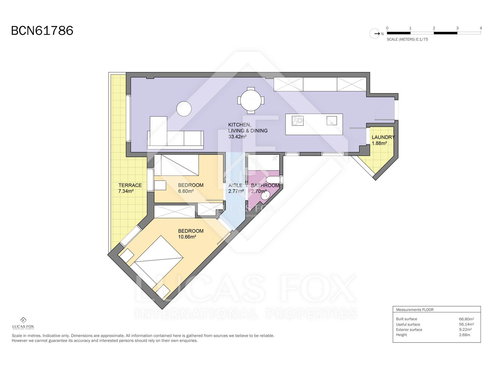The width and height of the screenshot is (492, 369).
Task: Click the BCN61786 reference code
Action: (x=42, y=31)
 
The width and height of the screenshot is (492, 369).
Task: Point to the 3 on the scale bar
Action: (x=457, y=28)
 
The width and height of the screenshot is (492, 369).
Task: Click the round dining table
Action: (x=251, y=100)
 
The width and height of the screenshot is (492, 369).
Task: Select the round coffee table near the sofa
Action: (x=184, y=109)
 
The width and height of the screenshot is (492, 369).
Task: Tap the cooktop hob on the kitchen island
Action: (x=297, y=121)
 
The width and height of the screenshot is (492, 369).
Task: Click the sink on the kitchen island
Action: (x=331, y=121)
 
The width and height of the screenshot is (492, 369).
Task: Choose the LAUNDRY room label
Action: (x=383, y=137)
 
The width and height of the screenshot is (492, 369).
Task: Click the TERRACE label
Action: (x=130, y=185)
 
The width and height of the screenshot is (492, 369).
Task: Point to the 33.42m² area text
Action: (x=237, y=137)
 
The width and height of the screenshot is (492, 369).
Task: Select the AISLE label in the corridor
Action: (x=235, y=185)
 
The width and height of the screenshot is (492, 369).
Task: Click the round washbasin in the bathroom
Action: (x=265, y=195)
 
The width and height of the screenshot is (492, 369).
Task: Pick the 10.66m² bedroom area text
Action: (x=187, y=237)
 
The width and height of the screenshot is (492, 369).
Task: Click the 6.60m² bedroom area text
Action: (x=186, y=191)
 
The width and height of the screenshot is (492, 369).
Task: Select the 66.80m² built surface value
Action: (x=466, y=319)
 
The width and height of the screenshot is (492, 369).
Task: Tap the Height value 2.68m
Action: (x=464, y=335)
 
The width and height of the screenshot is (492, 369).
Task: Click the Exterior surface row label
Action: (x=409, y=330)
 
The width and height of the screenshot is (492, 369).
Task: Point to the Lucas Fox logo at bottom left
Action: (x=23, y=323)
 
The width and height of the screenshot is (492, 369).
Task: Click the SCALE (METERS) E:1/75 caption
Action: (x=407, y=39)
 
